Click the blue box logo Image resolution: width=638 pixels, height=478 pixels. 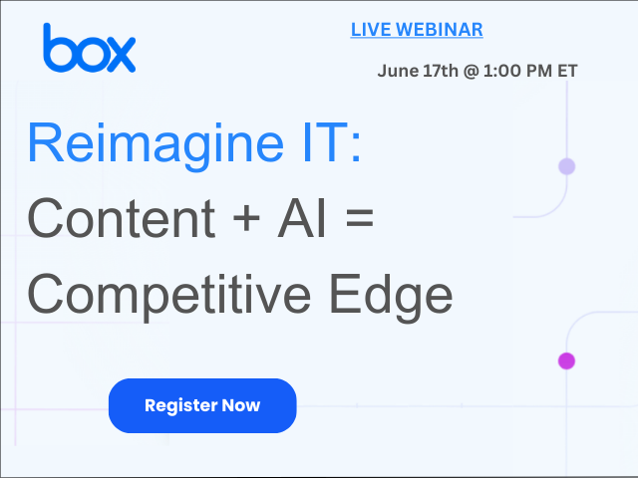pos(89,48)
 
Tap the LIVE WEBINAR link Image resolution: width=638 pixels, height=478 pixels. pos(417,30)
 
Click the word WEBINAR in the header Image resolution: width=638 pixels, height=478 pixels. pos(440,30)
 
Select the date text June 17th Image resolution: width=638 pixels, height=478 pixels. pos(418,71)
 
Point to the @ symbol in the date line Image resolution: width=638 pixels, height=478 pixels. pos(471,71)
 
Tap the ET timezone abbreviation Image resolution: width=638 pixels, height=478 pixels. pos(567,71)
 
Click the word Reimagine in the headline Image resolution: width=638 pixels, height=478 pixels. pos(156,145)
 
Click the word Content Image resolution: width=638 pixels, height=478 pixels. pos(122,218)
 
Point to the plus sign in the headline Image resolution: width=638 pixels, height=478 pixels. pos(246,218)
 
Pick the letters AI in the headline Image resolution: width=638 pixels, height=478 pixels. pos(301,218)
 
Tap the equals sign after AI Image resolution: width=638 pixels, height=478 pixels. pos(360,217)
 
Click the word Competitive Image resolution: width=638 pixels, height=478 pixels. pos(169,296)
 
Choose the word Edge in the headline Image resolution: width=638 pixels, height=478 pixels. pos(391,296)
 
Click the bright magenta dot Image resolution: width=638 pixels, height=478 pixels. pos(566,360)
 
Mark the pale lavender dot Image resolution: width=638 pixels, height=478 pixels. pos(567,166)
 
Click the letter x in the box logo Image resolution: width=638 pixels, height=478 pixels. pos(120,55)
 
